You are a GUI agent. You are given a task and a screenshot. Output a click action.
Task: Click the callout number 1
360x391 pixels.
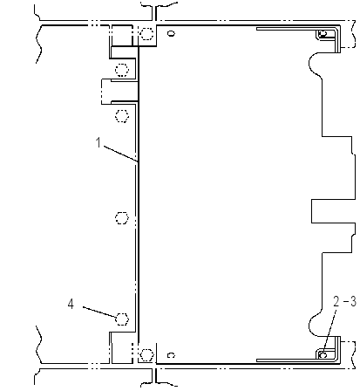[98, 142]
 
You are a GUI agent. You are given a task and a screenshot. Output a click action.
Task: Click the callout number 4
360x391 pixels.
[71, 305]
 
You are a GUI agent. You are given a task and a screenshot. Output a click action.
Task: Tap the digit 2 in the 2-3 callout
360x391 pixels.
[336, 302]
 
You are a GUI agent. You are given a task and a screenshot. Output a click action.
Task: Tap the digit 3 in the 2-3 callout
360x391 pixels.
[353, 302]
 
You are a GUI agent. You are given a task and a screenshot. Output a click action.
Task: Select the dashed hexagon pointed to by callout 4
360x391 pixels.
[122, 319]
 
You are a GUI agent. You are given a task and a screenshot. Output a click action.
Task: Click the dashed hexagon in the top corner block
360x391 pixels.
[146, 34]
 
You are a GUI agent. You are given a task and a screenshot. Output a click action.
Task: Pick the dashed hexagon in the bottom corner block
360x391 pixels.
[146, 354]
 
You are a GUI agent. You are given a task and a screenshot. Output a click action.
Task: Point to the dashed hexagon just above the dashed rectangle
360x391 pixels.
[122, 70]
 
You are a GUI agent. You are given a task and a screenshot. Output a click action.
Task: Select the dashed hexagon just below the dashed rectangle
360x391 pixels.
[122, 116]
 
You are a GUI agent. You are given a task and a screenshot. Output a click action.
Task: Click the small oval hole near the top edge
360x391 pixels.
[172, 33]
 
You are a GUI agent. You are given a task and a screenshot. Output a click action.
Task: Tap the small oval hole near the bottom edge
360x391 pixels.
[171, 355]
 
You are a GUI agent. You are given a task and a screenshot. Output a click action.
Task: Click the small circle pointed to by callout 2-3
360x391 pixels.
[323, 355]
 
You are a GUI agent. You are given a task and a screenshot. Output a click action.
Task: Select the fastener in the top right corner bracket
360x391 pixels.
[323, 34]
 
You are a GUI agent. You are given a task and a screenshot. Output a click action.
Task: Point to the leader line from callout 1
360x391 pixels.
[120, 154]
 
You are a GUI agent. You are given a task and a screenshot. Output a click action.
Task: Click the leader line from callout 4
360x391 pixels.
[100, 312]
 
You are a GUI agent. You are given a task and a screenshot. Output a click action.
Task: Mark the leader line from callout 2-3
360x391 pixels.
[330, 331]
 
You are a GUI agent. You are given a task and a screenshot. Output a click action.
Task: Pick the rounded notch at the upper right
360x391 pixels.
[315, 64]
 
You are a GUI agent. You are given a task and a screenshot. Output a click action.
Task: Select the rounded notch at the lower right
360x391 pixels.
[316, 326]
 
